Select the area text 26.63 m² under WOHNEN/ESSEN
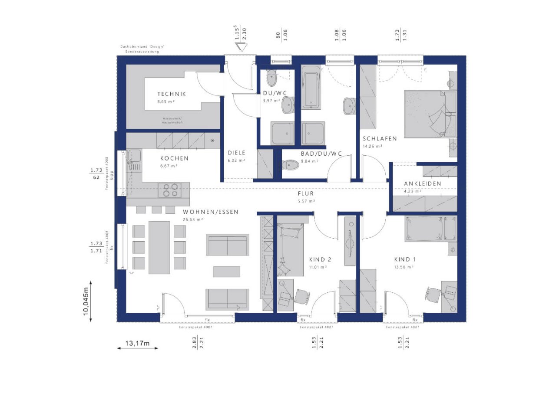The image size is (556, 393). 193,219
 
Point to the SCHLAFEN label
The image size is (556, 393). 380,139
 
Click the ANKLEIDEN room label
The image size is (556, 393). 422,183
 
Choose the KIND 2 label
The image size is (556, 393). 320,259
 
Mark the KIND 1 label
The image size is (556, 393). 405,259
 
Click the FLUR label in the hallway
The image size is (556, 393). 306,193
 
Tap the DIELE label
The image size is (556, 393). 237,153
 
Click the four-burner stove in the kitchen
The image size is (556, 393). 169,190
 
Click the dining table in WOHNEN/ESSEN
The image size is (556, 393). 159,247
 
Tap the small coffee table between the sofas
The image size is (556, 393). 226,271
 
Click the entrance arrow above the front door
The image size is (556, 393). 240,46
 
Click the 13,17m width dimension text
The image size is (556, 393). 137,344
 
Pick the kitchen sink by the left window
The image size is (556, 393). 133,155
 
